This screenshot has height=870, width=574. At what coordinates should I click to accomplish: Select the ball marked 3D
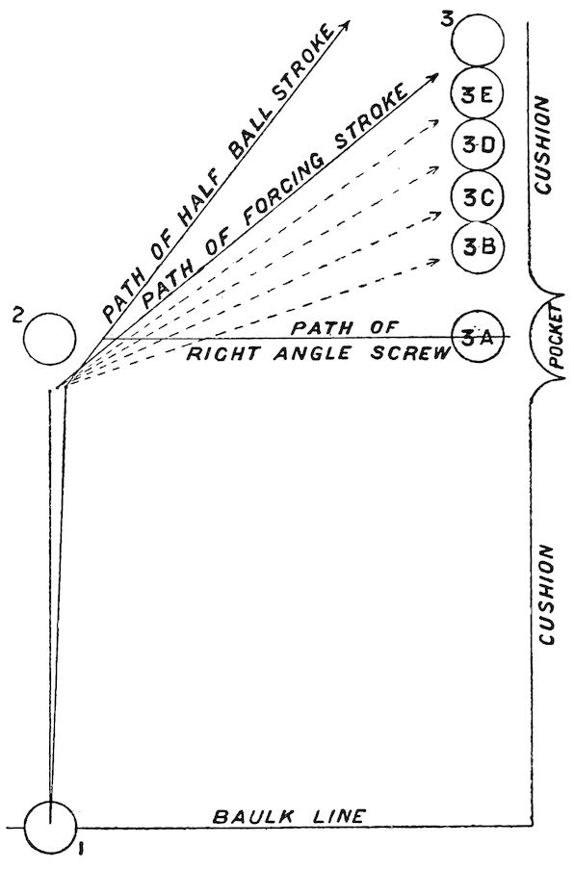pos(478,145)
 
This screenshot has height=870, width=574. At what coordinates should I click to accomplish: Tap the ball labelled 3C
pos(478,197)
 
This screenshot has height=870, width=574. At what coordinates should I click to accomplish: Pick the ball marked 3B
pos(478,247)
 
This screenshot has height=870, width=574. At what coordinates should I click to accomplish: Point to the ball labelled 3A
pos(478,336)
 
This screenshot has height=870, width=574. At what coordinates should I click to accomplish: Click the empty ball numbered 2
pos(50,339)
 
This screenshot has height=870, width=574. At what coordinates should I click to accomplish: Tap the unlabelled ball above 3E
pos(478,40)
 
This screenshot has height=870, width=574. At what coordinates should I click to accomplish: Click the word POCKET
pos(556,339)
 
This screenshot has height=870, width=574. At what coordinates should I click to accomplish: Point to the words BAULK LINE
pos(289,816)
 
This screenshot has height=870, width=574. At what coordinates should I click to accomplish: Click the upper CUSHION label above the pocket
pos(542,145)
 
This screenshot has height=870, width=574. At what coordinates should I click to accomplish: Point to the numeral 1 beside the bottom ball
pos(81,849)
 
